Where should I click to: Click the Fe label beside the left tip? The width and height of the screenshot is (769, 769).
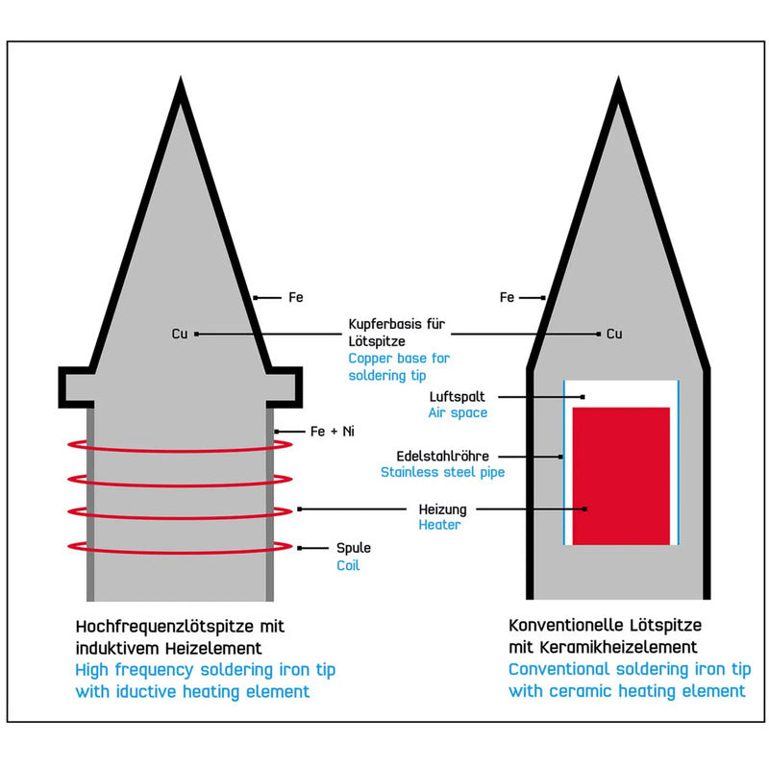pyautogui.click(x=296, y=297)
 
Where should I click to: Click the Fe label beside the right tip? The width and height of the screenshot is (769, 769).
pyautogui.click(x=507, y=297)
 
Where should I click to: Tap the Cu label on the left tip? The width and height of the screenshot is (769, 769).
pyautogui.click(x=180, y=334)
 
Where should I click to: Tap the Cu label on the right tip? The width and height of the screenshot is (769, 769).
pyautogui.click(x=614, y=334)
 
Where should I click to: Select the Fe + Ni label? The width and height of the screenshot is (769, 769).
pyautogui.click(x=332, y=431)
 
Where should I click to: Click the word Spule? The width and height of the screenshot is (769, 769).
pyautogui.click(x=353, y=548)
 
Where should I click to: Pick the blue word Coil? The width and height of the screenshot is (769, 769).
pyautogui.click(x=348, y=565)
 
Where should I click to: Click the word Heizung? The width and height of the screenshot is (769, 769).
pyautogui.click(x=442, y=509)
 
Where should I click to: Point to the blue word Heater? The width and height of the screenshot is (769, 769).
pyautogui.click(x=439, y=525)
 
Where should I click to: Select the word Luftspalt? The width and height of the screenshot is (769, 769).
pyautogui.click(x=457, y=397)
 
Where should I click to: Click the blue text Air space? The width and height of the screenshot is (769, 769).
pyautogui.click(x=458, y=413)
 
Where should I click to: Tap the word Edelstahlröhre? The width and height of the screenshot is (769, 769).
pyautogui.click(x=442, y=456)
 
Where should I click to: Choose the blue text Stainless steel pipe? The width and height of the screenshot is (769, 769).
pyautogui.click(x=442, y=472)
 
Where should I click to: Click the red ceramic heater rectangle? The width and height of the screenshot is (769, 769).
pyautogui.click(x=621, y=476)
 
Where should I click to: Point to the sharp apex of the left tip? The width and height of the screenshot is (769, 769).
pyautogui.click(x=181, y=78)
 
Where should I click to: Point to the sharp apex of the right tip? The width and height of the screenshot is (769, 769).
pyautogui.click(x=618, y=78)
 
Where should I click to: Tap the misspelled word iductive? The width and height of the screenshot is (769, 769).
pyautogui.click(x=146, y=691)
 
